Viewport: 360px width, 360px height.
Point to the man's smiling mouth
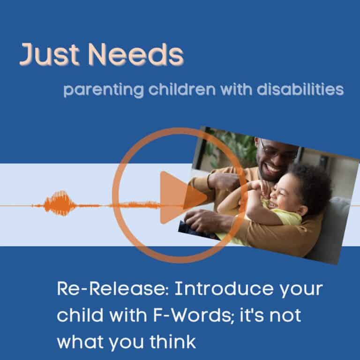(x=272, y=168)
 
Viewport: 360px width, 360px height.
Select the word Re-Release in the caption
(x=106, y=289)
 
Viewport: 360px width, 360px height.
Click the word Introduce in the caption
(x=216, y=289)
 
